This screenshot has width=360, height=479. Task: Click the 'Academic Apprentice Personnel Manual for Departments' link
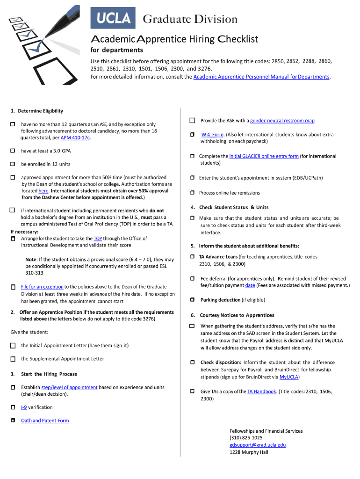tap(261, 77)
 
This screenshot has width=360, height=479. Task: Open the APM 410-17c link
tap(75, 138)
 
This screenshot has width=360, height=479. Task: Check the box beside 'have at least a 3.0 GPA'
tap(13, 151)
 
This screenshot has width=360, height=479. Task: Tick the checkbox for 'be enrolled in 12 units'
tap(13, 164)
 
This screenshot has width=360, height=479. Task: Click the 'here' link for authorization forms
tap(43, 191)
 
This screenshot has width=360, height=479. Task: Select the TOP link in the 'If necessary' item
tap(98, 239)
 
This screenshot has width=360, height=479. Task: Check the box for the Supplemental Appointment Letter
tap(13, 359)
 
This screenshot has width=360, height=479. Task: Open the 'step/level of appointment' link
tap(69, 387)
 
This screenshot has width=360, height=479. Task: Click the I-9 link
tap(23, 407)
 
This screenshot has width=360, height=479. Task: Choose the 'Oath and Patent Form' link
tap(45, 421)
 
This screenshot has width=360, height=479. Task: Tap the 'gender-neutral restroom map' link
tap(282, 121)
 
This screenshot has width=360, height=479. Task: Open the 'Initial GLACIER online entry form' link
tap(264, 156)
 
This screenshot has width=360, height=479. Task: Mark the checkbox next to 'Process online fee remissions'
tap(192, 193)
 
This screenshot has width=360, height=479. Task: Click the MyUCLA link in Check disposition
tap(289, 377)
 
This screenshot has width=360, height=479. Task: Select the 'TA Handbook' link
tap(261, 392)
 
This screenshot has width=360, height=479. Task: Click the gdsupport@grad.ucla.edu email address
tap(257, 445)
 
